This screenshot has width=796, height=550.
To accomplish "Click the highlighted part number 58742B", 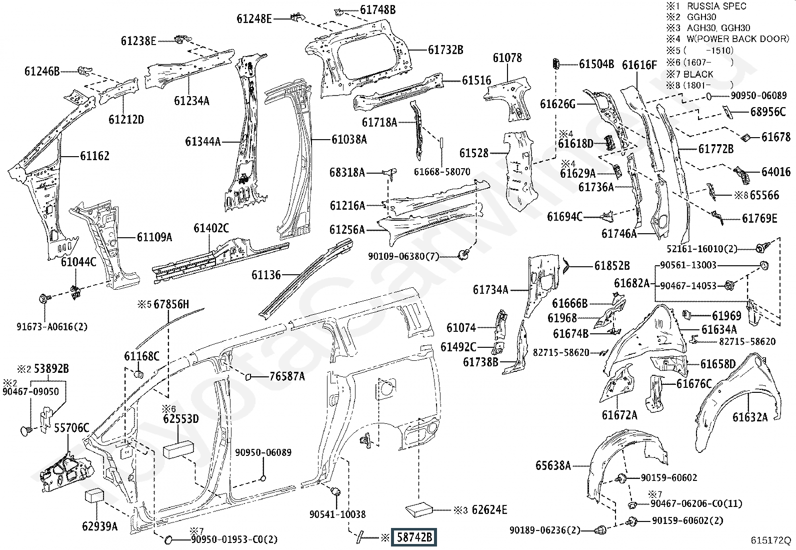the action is [x=413, y=537].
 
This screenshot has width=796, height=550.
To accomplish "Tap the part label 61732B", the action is [x=445, y=50].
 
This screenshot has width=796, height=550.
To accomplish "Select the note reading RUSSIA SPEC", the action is [x=716, y=6].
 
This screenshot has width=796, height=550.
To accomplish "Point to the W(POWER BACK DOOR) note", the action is [x=737, y=39].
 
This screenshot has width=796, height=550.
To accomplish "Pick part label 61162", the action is [x=94, y=156].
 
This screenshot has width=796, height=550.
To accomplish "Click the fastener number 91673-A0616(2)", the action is [x=52, y=327].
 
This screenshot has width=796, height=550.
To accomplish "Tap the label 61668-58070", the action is [x=442, y=172].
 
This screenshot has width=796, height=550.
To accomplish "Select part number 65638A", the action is [x=553, y=465].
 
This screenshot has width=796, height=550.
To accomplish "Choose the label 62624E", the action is [x=489, y=510].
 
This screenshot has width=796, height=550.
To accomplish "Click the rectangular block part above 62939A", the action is [x=94, y=495].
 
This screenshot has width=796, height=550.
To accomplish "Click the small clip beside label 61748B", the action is [x=338, y=13].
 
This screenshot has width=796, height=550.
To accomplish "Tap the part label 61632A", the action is [x=750, y=417].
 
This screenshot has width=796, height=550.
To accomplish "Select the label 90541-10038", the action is [x=337, y=514].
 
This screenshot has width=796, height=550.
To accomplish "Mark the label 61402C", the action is [x=211, y=228].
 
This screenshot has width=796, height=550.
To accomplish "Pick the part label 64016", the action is [x=775, y=172].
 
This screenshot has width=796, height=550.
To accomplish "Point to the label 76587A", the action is [x=287, y=376].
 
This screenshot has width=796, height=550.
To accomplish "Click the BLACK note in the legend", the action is [x=698, y=75].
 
